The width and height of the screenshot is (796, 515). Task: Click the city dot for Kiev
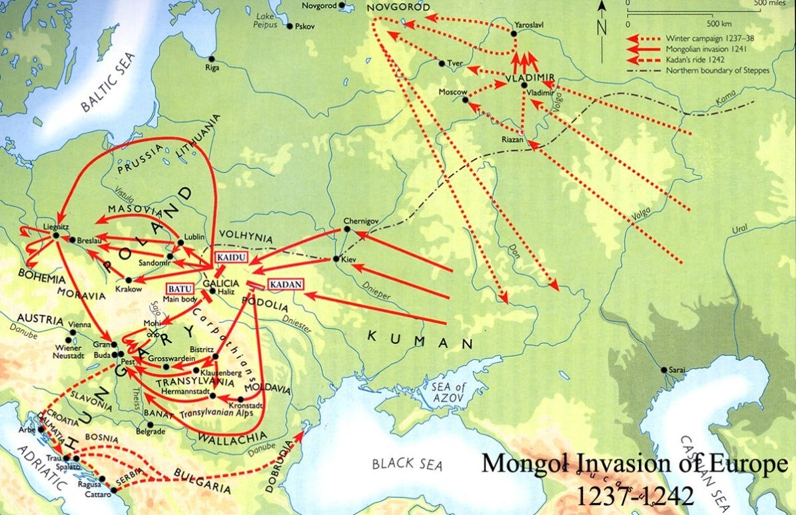(336, 259)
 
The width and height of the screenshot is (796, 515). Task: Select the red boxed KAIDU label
(230, 257)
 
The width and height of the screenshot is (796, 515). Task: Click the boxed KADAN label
(285, 284)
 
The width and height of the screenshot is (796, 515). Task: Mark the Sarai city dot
(663, 370)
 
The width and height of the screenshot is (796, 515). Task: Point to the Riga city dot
(211, 58)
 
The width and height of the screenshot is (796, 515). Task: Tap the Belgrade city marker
(151, 424)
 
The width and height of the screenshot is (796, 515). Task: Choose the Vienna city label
(81, 324)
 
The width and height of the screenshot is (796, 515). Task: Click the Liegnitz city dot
(57, 235)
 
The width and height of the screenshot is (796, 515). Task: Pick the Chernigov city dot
(346, 229)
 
